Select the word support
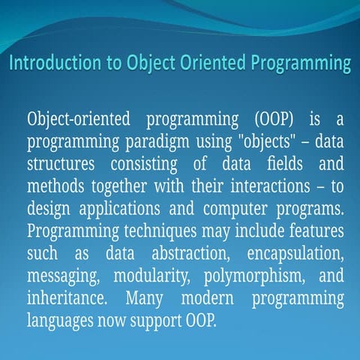pyautogui.click(x=156, y=319)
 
